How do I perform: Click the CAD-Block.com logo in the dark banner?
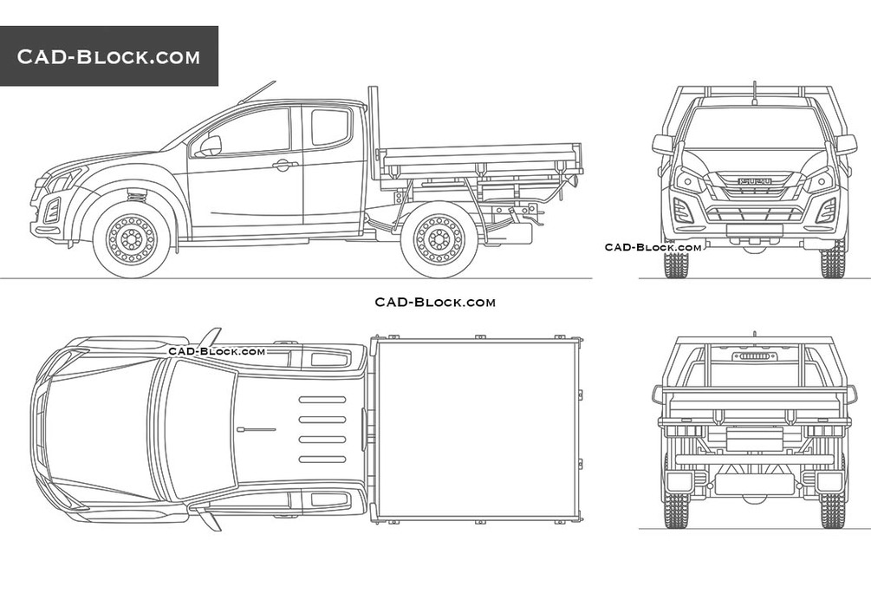coord(109,57)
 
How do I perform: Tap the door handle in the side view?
coord(284,165)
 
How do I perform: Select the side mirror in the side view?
coord(208,147)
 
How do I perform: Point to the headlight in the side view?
coord(61,180)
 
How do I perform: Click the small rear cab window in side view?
coord(330,127)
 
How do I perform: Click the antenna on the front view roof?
coord(753,89)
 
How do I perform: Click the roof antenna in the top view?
coord(257,429)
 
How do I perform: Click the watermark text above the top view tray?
coord(435,302)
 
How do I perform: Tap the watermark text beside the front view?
coord(653,247)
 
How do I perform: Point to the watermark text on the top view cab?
coord(217,351)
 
